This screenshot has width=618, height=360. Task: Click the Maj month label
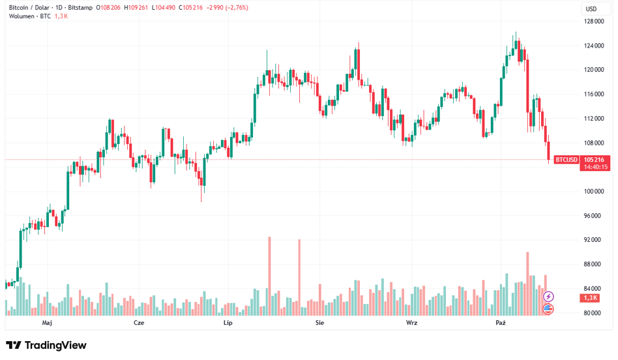47,323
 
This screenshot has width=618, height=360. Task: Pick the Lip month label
228,323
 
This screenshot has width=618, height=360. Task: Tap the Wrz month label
411,323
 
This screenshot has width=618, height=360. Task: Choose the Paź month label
501,323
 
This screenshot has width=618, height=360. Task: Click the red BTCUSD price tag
566,160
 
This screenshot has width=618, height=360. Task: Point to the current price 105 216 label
594,160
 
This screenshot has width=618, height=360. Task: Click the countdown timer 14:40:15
594,167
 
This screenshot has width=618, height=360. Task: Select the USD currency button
591,8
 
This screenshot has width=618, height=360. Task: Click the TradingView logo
46,345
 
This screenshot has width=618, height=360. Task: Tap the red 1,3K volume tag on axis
591,298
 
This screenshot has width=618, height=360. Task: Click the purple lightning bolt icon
548,297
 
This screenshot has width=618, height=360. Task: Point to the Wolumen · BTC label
29,16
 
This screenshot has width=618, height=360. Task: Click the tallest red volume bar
269,274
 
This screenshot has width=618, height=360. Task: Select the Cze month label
139,323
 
